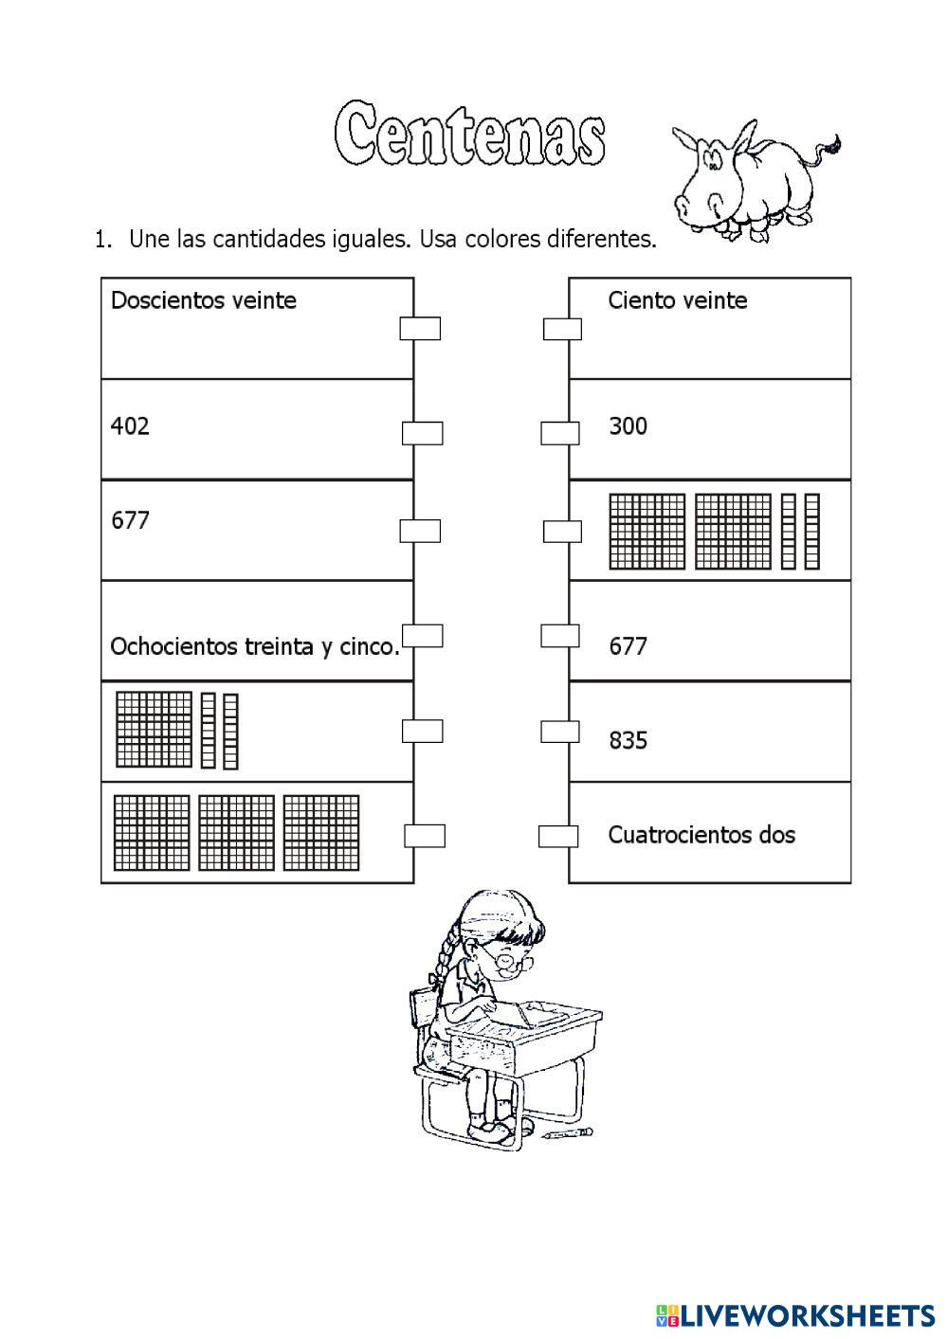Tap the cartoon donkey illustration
[749, 180]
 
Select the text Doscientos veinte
[204, 300]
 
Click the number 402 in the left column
[130, 426]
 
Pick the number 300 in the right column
[628, 426]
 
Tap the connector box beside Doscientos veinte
[420, 328]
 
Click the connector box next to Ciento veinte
[562, 329]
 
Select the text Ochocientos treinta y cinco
[255, 647]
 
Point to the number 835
[628, 740]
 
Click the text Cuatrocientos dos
[701, 835]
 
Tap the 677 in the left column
[130, 520]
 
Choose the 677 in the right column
[628, 647]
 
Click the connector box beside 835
[560, 732]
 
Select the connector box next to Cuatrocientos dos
[558, 836]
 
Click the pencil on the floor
[568, 1132]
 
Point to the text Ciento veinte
[678, 300]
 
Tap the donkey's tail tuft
[833, 145]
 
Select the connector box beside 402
[423, 433]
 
